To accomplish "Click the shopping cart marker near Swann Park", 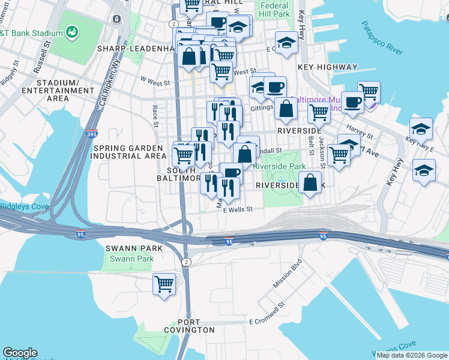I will pos(164,284).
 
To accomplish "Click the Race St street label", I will pos(155,116).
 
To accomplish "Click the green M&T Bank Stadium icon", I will pos(72,31).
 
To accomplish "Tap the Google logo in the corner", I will pos(20,353).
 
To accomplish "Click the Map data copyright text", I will pos(412,355).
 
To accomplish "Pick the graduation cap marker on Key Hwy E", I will pos(421,129).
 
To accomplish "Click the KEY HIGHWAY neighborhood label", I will pos(331,68).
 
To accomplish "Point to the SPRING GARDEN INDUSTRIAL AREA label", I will pos(127,152).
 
